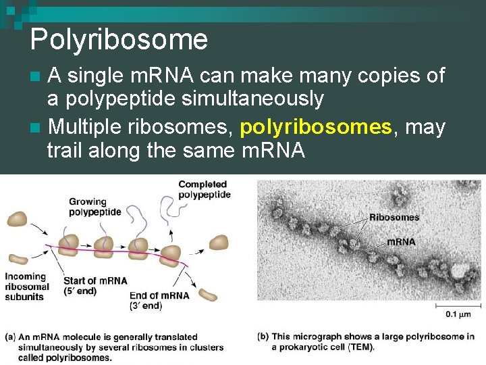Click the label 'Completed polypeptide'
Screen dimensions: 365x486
point(204,189)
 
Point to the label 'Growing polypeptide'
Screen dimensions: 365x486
point(94,206)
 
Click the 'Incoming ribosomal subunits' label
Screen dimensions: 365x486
point(27,286)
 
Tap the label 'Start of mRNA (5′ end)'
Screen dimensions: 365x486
point(95,285)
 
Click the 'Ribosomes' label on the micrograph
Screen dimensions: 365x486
point(394,218)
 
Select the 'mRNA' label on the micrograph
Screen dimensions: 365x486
point(401,241)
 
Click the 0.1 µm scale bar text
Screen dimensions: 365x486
point(459,314)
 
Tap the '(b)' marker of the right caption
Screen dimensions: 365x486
point(263,337)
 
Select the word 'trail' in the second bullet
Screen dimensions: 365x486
point(64,150)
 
